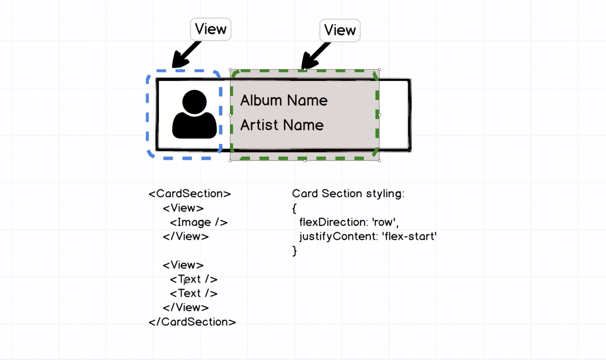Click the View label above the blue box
click(211, 29)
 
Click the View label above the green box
click(340, 30)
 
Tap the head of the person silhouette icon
click(194, 102)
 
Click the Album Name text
click(284, 100)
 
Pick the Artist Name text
click(282, 125)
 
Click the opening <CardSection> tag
click(190, 194)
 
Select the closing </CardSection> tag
click(192, 322)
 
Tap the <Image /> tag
click(199, 223)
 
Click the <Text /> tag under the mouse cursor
click(194, 279)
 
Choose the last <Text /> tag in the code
click(194, 293)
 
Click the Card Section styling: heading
click(348, 194)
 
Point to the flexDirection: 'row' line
click(349, 222)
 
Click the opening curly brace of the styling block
click(295, 208)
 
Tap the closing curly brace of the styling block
click(295, 251)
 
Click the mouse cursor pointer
click(186, 281)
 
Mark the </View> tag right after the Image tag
click(186, 237)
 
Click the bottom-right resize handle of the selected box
click(379, 161)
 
